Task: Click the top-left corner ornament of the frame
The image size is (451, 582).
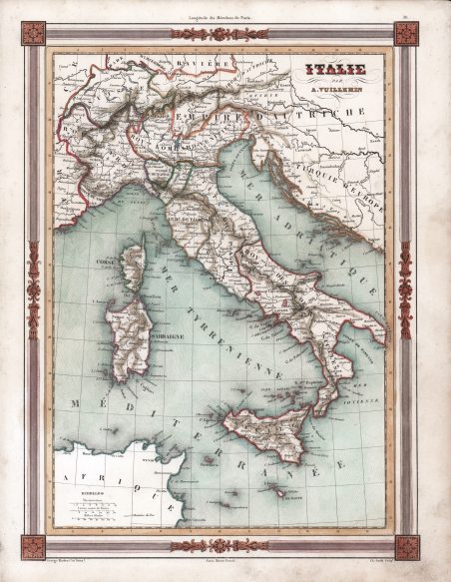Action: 33,34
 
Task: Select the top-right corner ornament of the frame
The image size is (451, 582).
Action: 405,34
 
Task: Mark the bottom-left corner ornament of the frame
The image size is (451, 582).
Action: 33,547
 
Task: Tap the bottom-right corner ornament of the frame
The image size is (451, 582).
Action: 405,547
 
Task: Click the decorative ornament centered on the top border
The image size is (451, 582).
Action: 219,34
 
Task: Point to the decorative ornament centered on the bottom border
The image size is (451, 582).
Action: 219,546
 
